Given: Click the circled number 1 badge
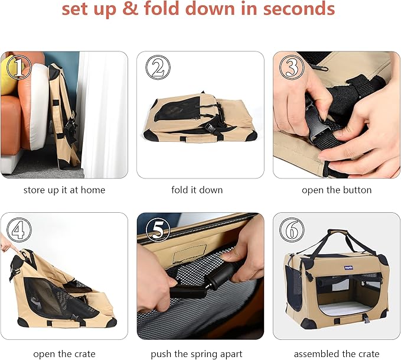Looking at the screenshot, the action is [x=19, y=67].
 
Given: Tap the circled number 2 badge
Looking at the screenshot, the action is [x=158, y=67].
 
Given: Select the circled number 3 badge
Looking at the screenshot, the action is [x=292, y=67].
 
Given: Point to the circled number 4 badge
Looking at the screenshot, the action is [x=19, y=230].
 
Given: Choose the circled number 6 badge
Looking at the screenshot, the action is [x=292, y=230].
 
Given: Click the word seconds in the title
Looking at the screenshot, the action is [x=299, y=8].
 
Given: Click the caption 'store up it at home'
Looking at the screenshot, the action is [x=64, y=190].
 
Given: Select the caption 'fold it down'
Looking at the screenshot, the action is [x=197, y=190].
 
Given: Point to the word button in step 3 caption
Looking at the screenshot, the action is [x=357, y=190].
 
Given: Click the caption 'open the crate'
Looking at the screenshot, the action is [x=64, y=354].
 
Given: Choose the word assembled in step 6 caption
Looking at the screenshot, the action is [x=317, y=354].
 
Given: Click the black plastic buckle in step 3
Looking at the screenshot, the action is [x=317, y=121].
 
